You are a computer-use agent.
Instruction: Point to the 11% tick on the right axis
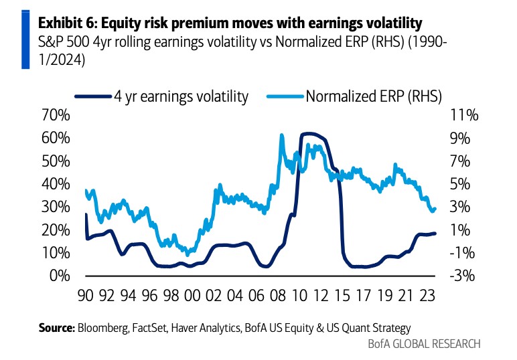463,116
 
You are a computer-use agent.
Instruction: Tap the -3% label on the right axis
463,276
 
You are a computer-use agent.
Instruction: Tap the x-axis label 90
85,295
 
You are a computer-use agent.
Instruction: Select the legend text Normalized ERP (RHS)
374,96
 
